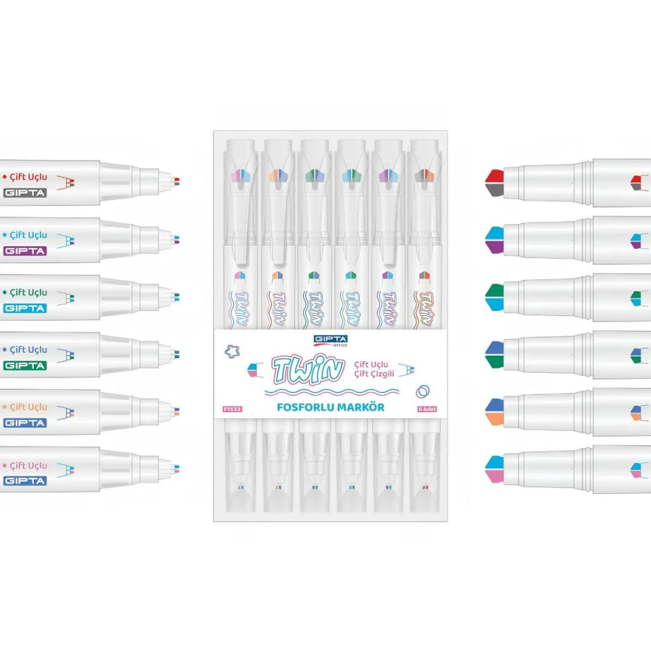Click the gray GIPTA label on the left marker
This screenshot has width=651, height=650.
coord(25,193)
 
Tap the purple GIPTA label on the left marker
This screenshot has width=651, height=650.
coord(25,251)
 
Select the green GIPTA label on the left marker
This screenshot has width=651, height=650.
coord(25,365)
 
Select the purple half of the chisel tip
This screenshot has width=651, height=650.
coord(494,247)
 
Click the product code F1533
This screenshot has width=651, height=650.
coord(233,409)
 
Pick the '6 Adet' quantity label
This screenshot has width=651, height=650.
coord(426,409)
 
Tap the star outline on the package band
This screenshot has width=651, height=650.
coord(232,350)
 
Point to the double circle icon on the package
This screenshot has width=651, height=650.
coord(424,391)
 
